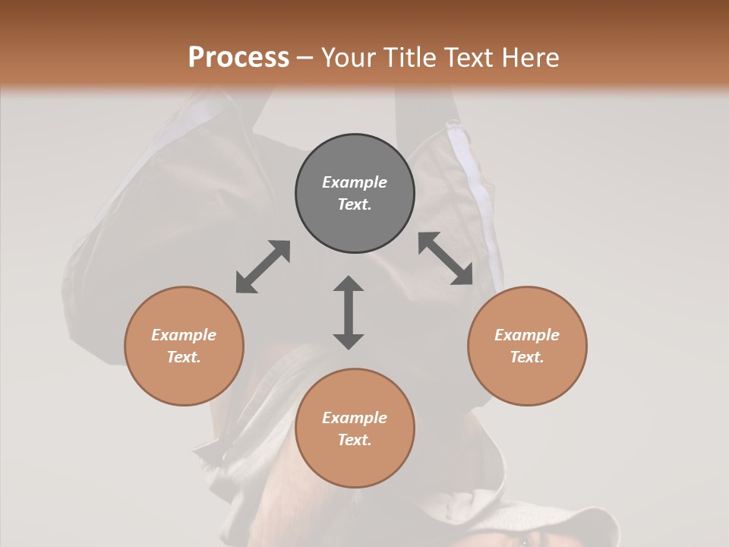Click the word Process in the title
click(238, 58)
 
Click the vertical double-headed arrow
click(349, 312)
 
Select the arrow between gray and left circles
click(263, 267)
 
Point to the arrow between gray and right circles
click(445, 258)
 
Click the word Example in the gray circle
click(355, 182)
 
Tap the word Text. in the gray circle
click(355, 204)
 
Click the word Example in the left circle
click(184, 335)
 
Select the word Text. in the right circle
click(527, 357)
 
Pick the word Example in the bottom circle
click(355, 418)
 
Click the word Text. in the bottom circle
click(355, 440)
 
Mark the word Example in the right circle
click(527, 335)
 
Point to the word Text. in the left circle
click(184, 357)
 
